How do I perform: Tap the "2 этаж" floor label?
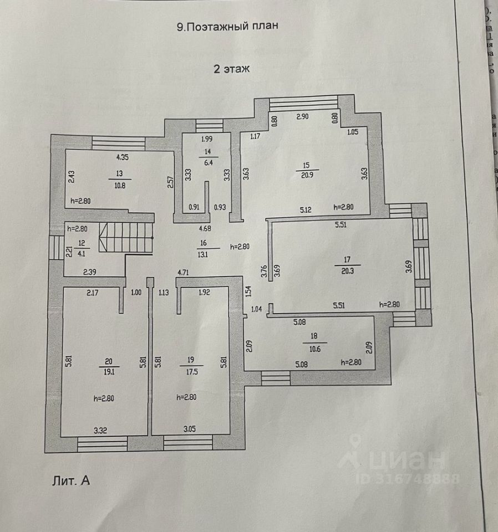coord(232,69)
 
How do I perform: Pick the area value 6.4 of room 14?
coord(208,162)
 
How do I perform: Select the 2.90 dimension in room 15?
coord(302,117)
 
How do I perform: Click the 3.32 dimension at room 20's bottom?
coord(100,429)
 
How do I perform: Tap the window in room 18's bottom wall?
coord(275,378)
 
